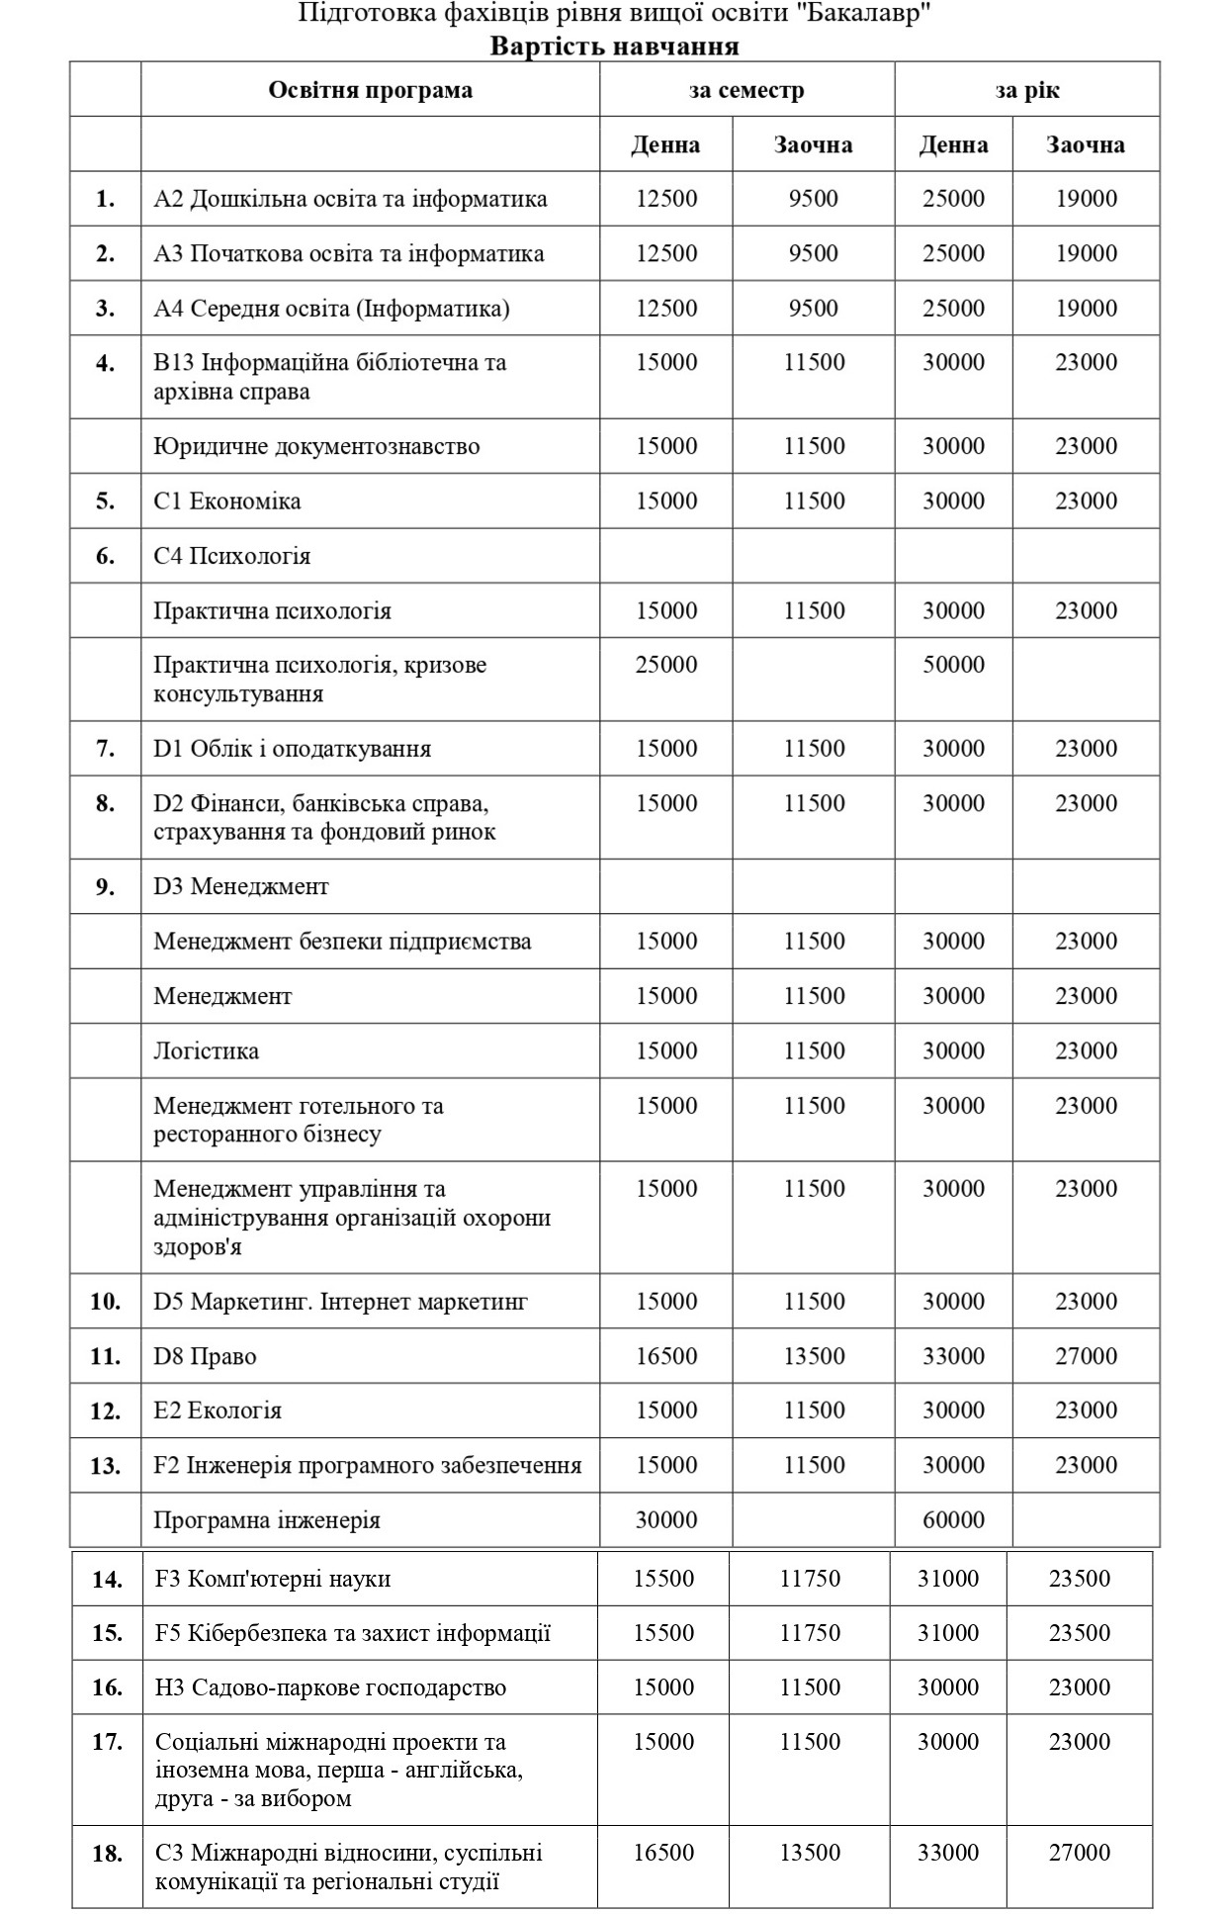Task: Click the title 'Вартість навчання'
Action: pos(613,46)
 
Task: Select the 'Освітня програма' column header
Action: pos(370,90)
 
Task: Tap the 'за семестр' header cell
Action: pos(746,90)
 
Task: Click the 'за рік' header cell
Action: pos(1026,90)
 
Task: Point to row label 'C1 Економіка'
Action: pos(227,501)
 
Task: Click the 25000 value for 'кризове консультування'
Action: pos(665,665)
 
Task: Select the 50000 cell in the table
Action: pos(953,665)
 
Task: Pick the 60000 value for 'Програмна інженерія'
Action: pos(953,1520)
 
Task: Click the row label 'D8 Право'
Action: pos(205,1356)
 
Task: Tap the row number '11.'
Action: pos(105,1356)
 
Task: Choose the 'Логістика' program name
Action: pos(206,1050)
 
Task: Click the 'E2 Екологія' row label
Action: pos(218,1411)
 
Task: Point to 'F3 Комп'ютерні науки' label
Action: pos(273,1579)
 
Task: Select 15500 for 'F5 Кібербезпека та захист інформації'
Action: pos(663,1633)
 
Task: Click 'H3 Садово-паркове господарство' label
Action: pos(330,1687)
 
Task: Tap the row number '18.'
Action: pos(107,1853)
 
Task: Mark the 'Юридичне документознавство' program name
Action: pos(316,446)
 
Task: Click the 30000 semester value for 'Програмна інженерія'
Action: pos(665,1520)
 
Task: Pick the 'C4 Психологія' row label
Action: pos(232,556)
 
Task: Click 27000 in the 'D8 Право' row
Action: pos(1086,1356)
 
